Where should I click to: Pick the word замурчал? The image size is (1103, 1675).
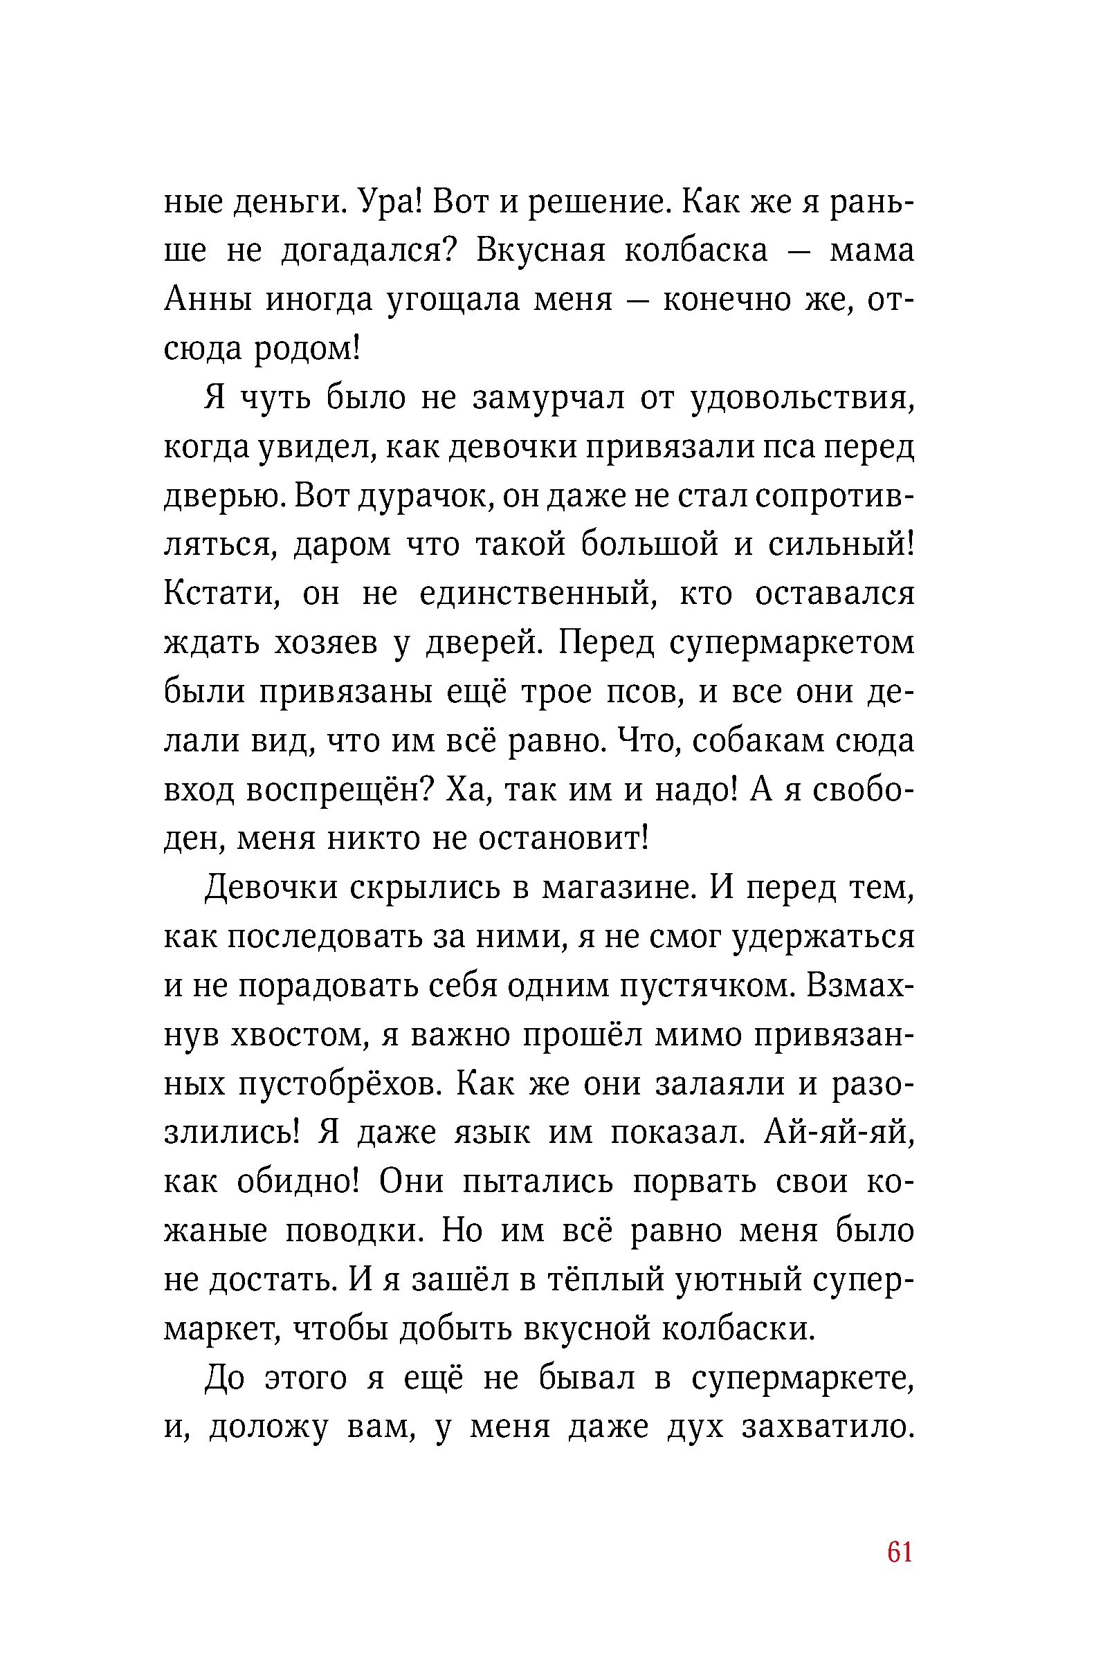(547, 399)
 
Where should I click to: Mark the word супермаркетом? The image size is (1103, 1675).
(791, 644)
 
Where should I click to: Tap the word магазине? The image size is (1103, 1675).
(619, 889)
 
